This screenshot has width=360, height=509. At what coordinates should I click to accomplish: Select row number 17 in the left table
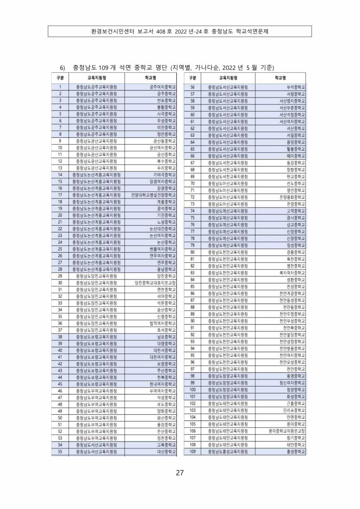point(60,195)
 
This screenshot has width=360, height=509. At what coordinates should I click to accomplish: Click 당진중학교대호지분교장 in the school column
point(155,283)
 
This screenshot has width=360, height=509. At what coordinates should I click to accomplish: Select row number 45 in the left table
point(60,384)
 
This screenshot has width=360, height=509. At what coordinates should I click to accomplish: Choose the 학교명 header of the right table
point(280,78)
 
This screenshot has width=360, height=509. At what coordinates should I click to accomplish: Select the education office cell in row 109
point(228,452)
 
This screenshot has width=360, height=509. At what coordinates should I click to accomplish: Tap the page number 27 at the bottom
point(180,473)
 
